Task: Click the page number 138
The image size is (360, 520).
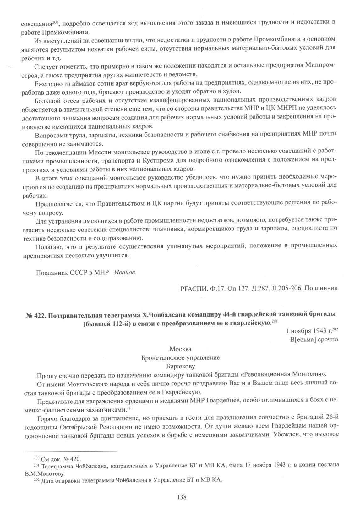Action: (x=182, y=497)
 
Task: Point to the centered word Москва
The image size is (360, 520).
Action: (x=180, y=349)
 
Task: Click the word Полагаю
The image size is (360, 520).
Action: (x=48, y=246)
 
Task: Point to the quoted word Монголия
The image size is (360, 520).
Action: (x=308, y=375)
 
